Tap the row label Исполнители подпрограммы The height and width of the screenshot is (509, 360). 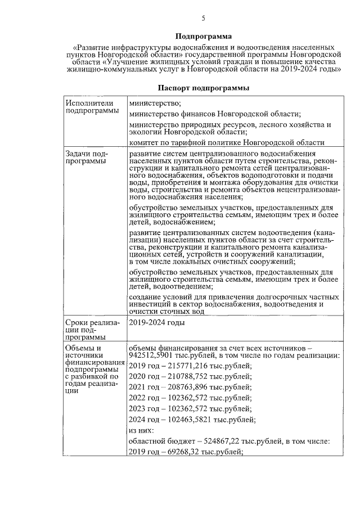pos(89,107)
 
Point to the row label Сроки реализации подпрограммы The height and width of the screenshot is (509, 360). pos(89,329)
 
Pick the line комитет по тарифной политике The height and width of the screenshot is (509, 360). pos(227,143)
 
